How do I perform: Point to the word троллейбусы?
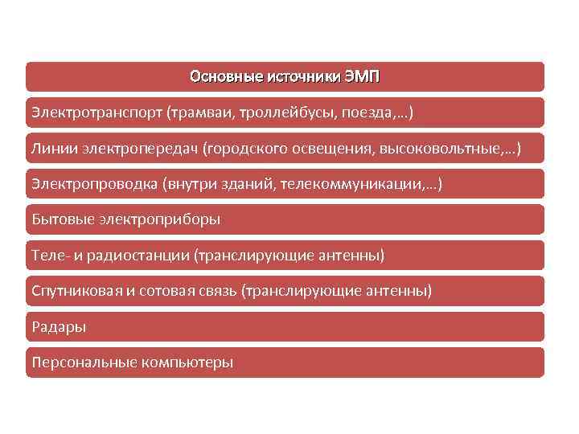295,113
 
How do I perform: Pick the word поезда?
368,113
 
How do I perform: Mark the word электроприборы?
159,219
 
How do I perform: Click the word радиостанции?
142,256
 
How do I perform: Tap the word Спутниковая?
76,291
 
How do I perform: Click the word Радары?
58,327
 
